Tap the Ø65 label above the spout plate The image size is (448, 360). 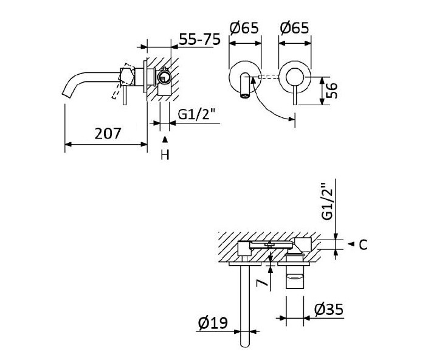pyautogui.click(x=244, y=28)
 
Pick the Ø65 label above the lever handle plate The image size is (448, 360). pyautogui.click(x=294, y=28)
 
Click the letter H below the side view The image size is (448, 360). pyautogui.click(x=164, y=155)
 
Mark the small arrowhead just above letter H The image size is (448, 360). pyautogui.click(x=164, y=140)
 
